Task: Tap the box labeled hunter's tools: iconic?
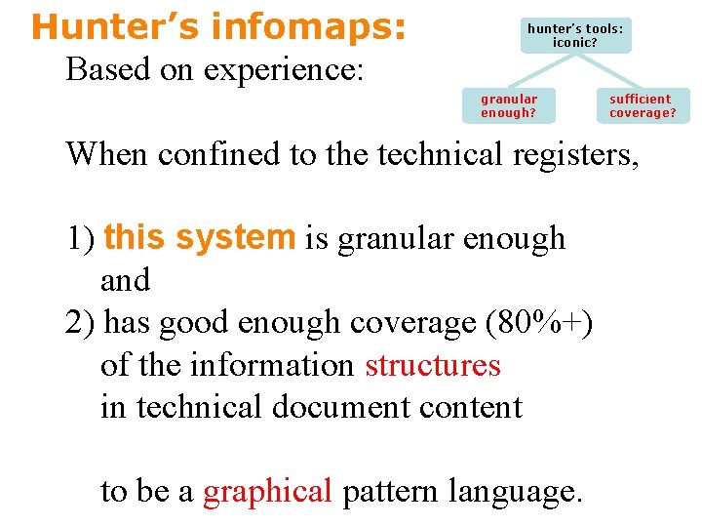(574, 35)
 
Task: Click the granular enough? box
(509, 105)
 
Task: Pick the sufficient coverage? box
(643, 105)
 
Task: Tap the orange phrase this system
(199, 237)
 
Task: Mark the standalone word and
(125, 280)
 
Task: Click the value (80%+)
(538, 322)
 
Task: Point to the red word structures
(432, 364)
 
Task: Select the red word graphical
(268, 491)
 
